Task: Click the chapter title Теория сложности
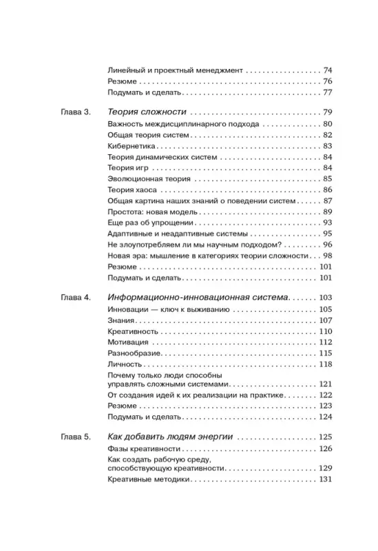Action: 148,112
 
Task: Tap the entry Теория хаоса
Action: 132,189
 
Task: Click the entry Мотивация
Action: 129,342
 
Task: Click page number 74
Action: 327,70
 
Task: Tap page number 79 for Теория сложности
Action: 327,112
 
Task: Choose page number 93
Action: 327,222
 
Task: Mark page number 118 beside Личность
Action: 325,364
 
